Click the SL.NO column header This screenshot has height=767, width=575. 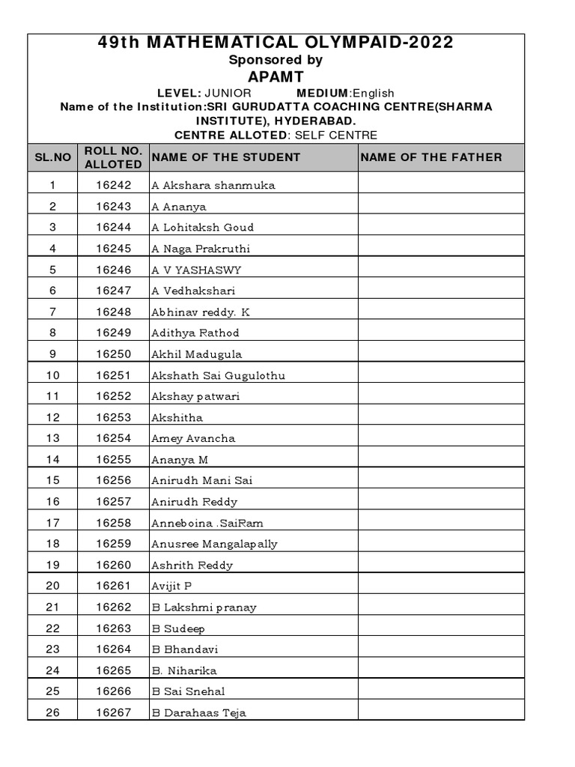[x=52, y=157]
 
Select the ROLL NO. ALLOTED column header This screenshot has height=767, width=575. [x=113, y=157]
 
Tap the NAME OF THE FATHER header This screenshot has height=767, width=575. [x=431, y=157]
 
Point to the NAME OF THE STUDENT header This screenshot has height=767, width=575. [x=225, y=157]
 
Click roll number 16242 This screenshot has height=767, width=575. [x=113, y=185]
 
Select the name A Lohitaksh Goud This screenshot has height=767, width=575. [x=202, y=227]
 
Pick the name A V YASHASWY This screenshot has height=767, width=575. [x=196, y=270]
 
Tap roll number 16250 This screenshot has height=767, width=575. [x=113, y=354]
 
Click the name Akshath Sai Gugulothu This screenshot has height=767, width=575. [x=218, y=375]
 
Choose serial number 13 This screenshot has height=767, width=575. [x=52, y=438]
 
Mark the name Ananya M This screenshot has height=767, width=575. [x=180, y=459]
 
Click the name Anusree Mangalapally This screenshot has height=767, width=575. [x=214, y=544]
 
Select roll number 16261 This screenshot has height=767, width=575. [x=113, y=586]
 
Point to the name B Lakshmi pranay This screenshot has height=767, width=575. [x=204, y=607]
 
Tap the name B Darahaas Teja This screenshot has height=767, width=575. [x=198, y=712]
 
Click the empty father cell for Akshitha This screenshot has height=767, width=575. [x=440, y=417]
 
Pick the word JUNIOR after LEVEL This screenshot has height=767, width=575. [x=228, y=93]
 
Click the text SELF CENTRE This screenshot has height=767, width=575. [x=336, y=135]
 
